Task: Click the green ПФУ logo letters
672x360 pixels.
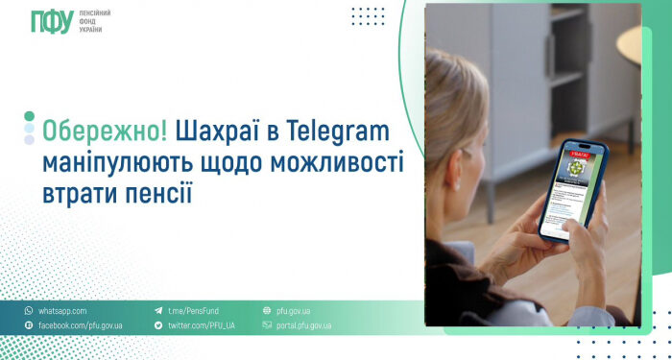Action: (53, 20)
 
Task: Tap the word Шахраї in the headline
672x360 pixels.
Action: (218, 130)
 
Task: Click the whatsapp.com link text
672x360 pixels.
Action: (62, 311)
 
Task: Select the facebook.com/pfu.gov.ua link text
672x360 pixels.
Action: (80, 326)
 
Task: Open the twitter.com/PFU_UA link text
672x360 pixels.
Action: (202, 326)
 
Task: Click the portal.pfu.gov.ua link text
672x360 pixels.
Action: (303, 326)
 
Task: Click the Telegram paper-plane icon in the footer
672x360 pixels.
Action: (158, 311)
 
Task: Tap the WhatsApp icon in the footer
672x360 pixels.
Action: (29, 311)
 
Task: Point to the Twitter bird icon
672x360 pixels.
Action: (158, 326)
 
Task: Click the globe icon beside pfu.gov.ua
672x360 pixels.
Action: (267, 311)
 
